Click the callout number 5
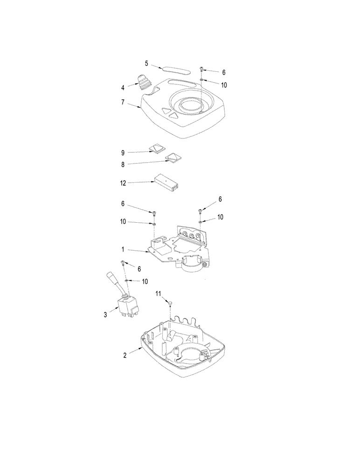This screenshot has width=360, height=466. pyautogui.click(x=146, y=63)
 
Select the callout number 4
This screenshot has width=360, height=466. pyautogui.click(x=123, y=87)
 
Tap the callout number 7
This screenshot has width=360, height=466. pyautogui.click(x=123, y=102)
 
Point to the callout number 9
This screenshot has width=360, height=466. pyautogui.click(x=123, y=152)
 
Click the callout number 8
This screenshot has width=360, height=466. pyautogui.click(x=123, y=164)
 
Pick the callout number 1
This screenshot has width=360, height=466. pyautogui.click(x=123, y=251)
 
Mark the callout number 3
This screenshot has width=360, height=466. pyautogui.click(x=105, y=315)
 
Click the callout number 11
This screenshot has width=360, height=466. pyautogui.click(x=158, y=294)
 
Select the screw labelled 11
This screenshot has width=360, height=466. pyautogui.click(x=170, y=303)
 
